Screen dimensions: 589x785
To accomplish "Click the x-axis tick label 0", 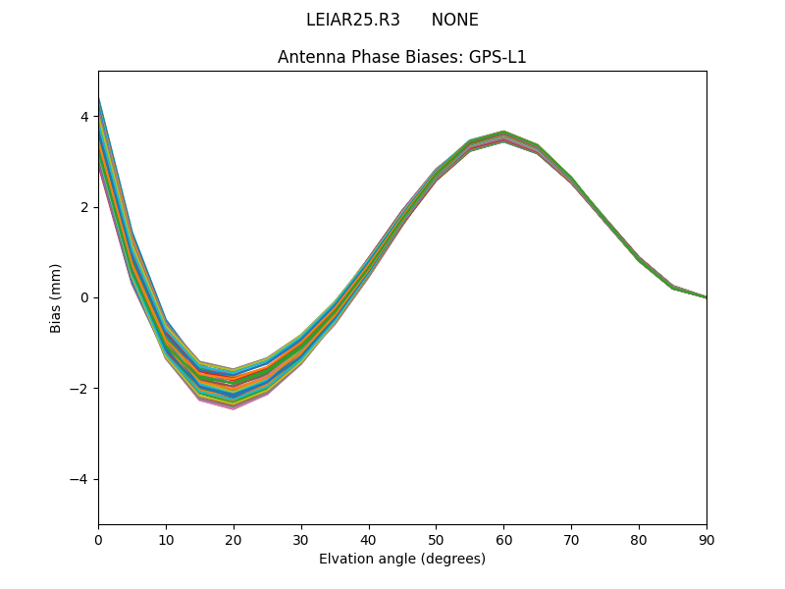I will coord(98,539).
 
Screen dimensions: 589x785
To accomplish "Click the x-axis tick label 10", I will coord(166,539).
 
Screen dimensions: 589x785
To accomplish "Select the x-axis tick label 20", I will coord(234,539).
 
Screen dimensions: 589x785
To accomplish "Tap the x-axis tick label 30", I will coord(301,539).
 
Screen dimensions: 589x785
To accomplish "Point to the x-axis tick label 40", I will coord(369,539).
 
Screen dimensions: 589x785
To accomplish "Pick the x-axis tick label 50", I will coord(436,539).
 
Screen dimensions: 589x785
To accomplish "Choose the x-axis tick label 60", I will coord(503,539).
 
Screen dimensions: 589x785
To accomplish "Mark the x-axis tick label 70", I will coord(571,539).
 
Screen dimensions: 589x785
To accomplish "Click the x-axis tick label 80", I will coord(639,539).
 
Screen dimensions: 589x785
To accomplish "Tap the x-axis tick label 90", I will coord(706,539).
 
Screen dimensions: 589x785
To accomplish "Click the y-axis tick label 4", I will coord(84,117).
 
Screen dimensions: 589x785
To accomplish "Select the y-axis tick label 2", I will coord(84,207).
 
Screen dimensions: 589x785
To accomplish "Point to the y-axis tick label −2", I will coord(80,389).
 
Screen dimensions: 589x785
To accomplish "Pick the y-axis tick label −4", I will coord(80,479).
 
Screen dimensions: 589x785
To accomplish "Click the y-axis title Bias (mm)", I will coord(56,297).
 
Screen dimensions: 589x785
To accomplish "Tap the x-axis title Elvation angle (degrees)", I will coord(402,559).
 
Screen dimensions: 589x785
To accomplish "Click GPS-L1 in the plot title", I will coord(499,57).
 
